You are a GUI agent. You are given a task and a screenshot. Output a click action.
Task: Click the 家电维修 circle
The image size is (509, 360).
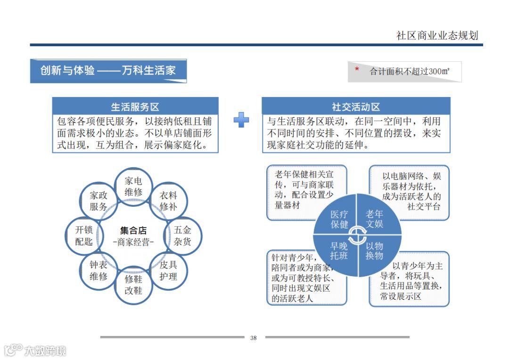[133, 187]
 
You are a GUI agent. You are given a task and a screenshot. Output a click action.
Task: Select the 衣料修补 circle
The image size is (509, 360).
[168, 201]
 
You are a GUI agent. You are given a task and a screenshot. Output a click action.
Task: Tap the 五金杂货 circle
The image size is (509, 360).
[183, 236]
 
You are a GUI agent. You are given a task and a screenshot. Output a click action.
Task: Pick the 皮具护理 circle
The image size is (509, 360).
[168, 270]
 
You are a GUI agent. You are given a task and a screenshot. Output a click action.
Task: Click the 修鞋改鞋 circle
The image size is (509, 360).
[133, 285]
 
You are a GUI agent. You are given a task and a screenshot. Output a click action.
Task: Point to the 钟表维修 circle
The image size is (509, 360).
[99, 270]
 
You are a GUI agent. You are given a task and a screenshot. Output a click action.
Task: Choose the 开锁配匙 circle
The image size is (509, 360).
[84, 236]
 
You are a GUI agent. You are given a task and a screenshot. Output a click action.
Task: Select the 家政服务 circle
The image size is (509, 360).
[99, 201]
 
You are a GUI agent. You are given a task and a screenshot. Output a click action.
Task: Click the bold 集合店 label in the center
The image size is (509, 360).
[133, 230]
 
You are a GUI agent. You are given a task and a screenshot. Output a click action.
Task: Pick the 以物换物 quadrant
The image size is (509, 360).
[375, 251]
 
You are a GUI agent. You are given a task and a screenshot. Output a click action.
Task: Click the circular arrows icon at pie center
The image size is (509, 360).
[357, 235]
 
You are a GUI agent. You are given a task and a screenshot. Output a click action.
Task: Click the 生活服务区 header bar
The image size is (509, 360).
[135, 106]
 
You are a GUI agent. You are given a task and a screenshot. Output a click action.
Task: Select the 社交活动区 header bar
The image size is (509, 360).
[356, 106]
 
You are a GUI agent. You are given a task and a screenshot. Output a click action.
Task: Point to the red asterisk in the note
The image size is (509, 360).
[357, 70]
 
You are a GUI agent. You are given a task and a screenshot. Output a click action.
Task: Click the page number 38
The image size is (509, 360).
[254, 338]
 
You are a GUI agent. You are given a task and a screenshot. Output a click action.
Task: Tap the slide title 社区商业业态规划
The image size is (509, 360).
[437, 35]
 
